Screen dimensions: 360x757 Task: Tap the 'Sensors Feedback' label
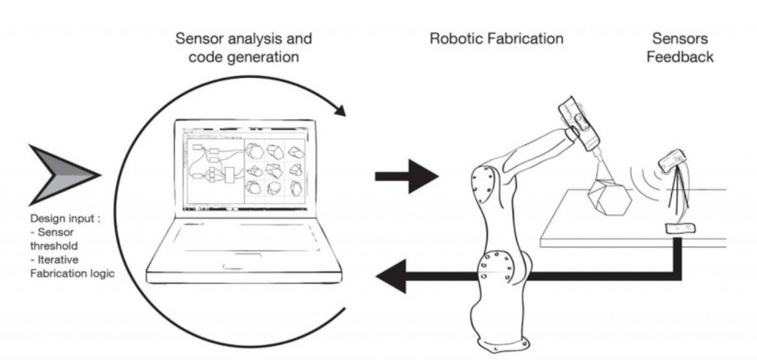(679, 47)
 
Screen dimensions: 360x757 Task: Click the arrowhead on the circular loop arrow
(339, 112)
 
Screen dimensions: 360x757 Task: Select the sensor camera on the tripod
(673, 160)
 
